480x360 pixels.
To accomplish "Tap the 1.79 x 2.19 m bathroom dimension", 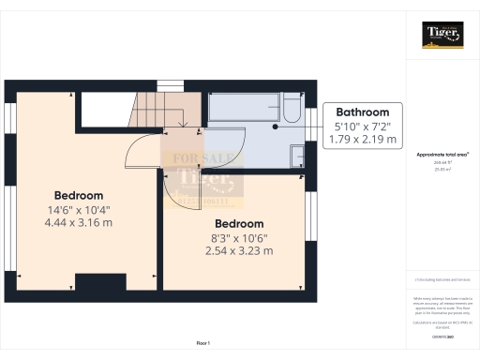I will (365, 139).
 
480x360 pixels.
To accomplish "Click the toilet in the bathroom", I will (290, 116).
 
